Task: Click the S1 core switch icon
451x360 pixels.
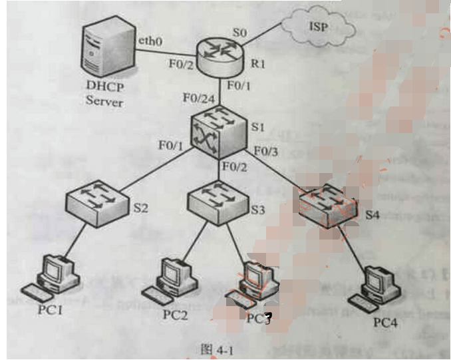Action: click(x=220, y=129)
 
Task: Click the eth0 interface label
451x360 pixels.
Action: click(x=150, y=41)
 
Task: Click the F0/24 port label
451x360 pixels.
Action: click(x=198, y=98)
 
